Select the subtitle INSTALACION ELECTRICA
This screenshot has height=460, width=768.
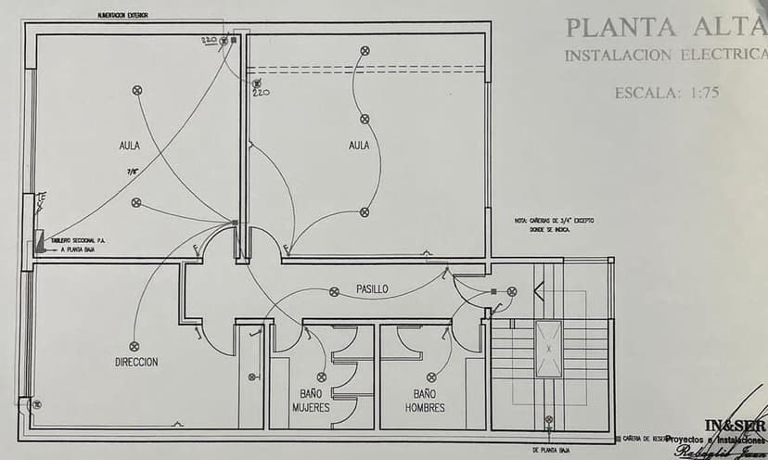666,56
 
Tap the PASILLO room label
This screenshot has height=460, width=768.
372,289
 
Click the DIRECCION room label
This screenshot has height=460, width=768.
136,362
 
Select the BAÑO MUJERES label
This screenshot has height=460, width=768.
311,401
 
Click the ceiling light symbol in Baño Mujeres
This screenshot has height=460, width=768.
321,377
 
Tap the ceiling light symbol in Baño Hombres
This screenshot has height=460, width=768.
431,377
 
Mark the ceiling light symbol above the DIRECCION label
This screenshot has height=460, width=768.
134,346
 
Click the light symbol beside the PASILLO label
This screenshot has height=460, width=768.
334,291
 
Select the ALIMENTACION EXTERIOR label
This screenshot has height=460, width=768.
122,16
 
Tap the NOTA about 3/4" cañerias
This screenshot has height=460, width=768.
555,225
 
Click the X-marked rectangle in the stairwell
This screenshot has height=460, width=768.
548,349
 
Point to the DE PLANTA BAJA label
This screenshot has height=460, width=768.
551,450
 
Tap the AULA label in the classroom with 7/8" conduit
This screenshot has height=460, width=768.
130,146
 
